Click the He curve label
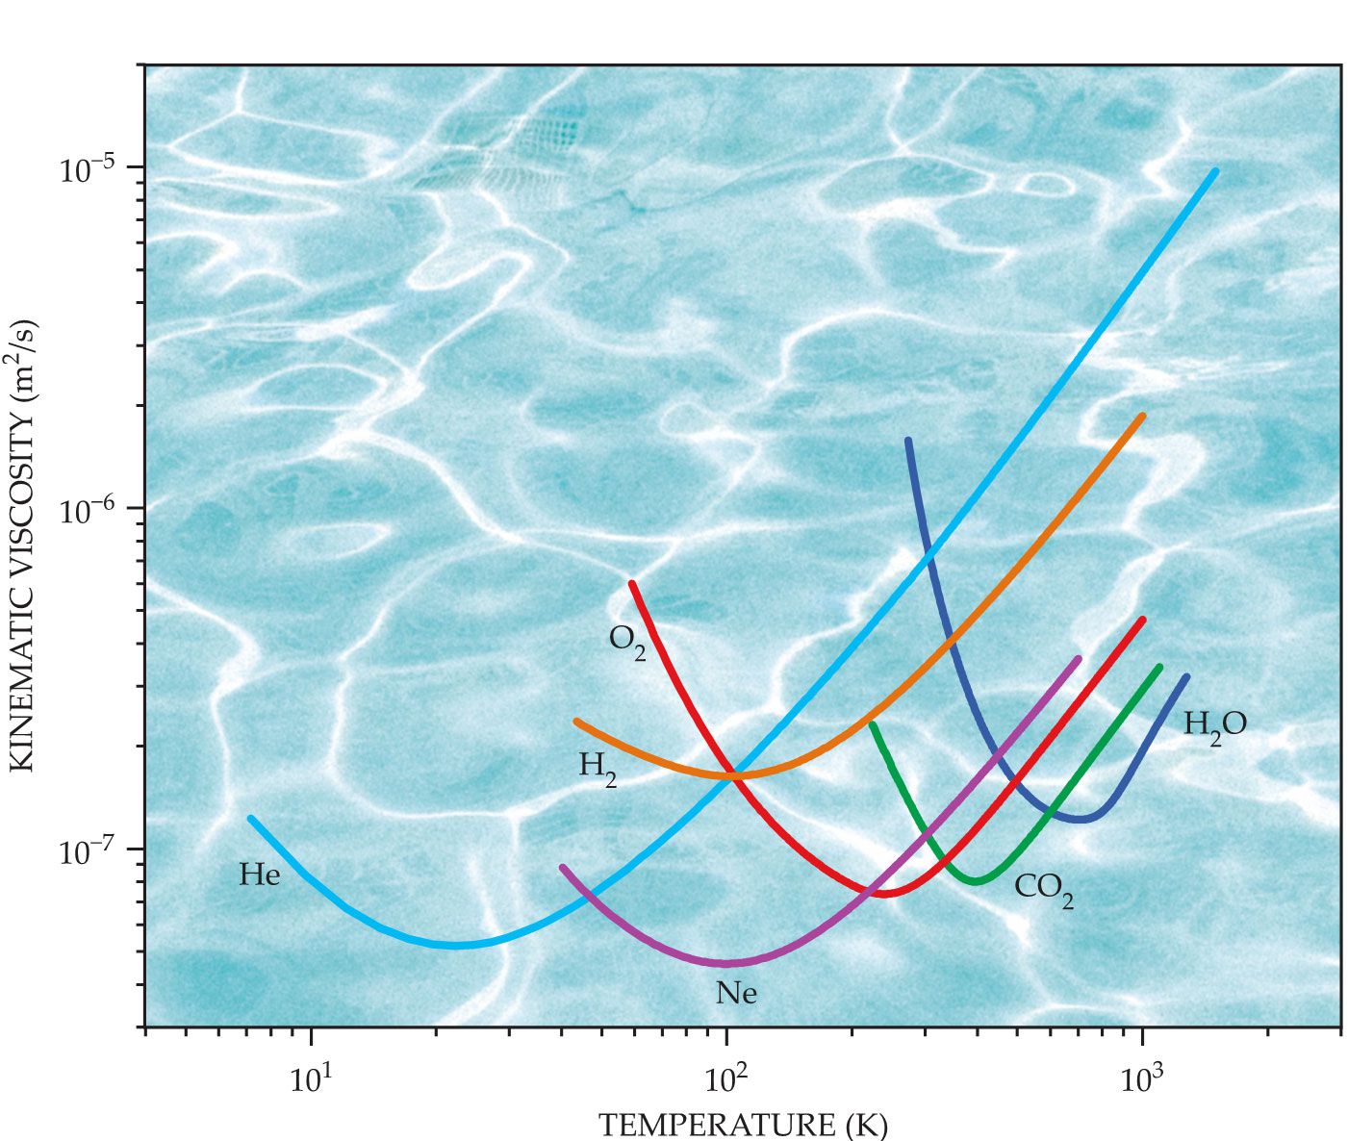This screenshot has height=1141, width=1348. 259,875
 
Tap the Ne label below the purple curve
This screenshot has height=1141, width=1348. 736,993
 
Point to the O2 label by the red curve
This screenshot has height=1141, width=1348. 627,640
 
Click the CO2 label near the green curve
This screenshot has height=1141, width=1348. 1044,888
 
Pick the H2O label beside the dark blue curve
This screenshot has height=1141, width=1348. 1214,724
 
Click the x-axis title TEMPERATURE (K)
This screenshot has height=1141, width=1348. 743,1124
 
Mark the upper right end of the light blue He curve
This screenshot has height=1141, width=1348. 1215,172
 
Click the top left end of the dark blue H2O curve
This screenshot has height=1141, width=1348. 907,441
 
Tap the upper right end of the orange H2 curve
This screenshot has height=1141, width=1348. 1142,416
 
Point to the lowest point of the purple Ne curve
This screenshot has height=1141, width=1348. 728,962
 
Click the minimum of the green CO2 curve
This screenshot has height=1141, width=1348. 976,880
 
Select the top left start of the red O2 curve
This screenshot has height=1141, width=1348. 632,583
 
